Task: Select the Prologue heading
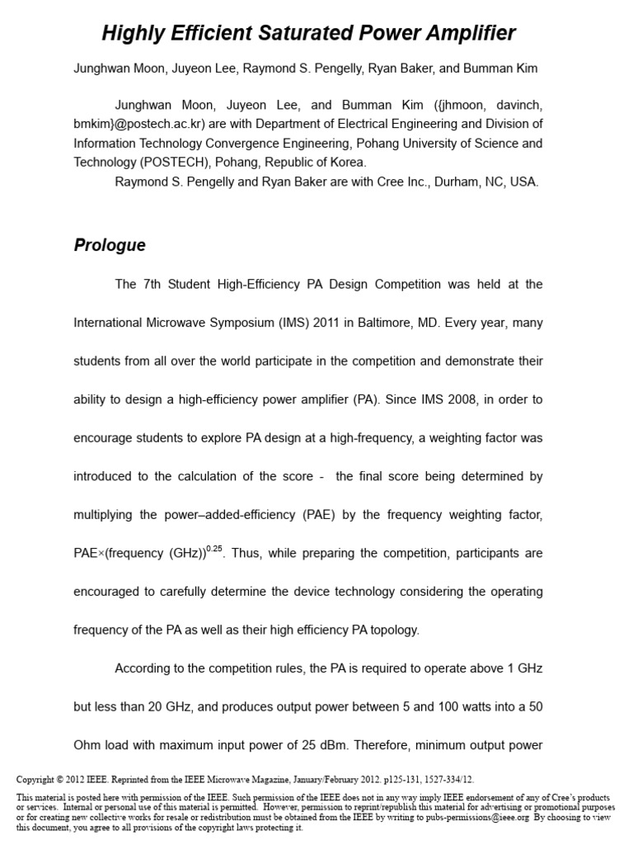pos(110,245)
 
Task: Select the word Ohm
pos(89,745)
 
